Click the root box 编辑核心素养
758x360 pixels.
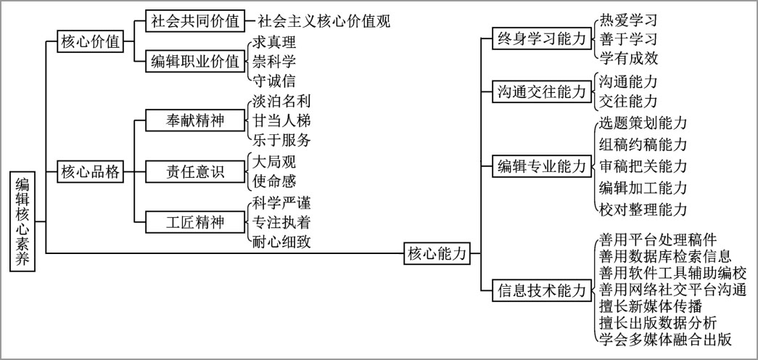[x=22, y=221]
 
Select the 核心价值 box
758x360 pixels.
[x=90, y=41]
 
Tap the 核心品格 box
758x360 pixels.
[x=90, y=172]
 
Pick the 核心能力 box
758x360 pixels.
[x=437, y=253]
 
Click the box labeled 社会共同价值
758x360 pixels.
[x=195, y=21]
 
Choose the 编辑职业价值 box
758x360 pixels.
[x=195, y=61]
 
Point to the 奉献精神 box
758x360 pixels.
[x=195, y=120]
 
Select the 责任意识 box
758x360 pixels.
[x=195, y=171]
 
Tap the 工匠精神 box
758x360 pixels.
[x=195, y=222]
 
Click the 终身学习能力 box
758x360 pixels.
[x=542, y=38]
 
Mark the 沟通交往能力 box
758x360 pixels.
[x=542, y=91]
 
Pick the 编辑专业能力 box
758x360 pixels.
[x=542, y=166]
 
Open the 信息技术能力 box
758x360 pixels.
[x=542, y=291]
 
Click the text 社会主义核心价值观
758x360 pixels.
[x=324, y=21]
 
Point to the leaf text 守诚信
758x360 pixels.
[x=274, y=81]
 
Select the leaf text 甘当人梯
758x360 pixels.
[x=281, y=120]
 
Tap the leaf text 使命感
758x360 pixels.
[x=274, y=181]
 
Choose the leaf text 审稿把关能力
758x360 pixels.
[x=643, y=166]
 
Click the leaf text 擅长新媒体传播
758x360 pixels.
[x=650, y=306]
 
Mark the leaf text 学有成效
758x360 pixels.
[x=628, y=59]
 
